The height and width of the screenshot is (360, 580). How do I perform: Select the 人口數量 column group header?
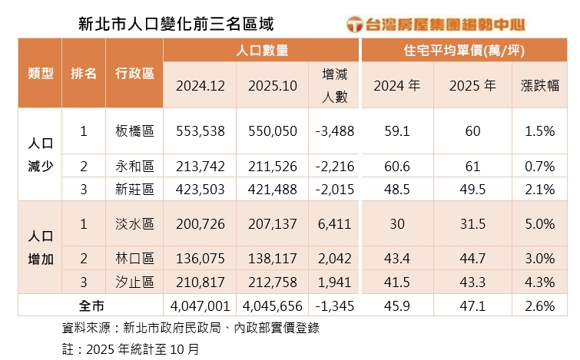[262, 51]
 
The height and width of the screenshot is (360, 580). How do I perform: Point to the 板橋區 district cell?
[134, 131]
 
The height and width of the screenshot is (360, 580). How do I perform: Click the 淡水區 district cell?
[134, 224]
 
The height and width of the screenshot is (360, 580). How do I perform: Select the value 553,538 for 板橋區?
[200, 131]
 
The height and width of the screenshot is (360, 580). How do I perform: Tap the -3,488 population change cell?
[334, 131]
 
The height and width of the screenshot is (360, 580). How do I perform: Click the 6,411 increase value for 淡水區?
[334, 224]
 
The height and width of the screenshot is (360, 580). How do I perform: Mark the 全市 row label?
[91, 306]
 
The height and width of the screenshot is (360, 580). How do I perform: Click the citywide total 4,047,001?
[200, 306]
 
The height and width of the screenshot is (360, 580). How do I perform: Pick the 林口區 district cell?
[134, 259]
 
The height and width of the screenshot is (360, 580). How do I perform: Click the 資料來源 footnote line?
[191, 328]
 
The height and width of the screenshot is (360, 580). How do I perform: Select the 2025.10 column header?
[273, 85]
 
